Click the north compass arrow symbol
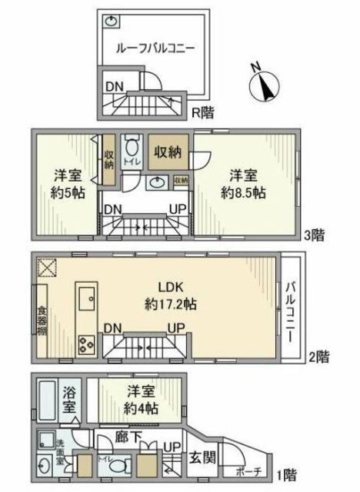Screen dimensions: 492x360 (267, 85)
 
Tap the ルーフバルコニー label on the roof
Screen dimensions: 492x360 (155, 48)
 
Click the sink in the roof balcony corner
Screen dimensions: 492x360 (112, 21)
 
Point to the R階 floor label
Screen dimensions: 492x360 (202, 112)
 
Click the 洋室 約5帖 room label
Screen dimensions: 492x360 (68, 183)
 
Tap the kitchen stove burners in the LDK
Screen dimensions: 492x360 (85, 345)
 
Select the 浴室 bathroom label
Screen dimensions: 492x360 (68, 407)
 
